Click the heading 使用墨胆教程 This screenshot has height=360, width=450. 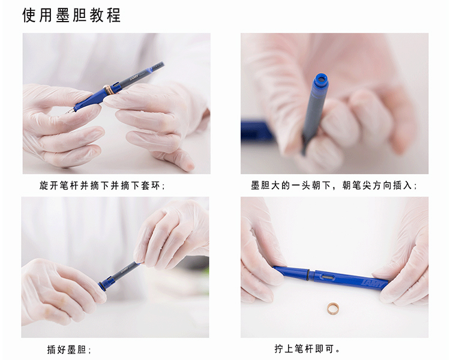tap(71, 15)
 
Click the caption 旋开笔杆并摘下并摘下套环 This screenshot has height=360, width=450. tap(102, 186)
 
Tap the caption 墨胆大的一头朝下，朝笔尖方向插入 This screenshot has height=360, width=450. tap(334, 185)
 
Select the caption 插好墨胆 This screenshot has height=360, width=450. tap(69, 349)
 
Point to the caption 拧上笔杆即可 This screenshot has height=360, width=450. tap(307, 349)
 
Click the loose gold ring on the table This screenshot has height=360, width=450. tap(333, 308)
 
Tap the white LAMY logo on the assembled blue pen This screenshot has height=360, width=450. tap(373, 283)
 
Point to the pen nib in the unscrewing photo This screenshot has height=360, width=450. tap(70, 112)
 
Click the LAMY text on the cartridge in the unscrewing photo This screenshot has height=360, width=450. tap(134, 77)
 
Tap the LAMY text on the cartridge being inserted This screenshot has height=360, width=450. tap(124, 270)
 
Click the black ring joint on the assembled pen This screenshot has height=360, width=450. tap(308, 274)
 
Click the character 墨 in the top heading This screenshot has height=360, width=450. tap(63, 15)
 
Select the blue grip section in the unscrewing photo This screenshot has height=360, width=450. tap(88, 100)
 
